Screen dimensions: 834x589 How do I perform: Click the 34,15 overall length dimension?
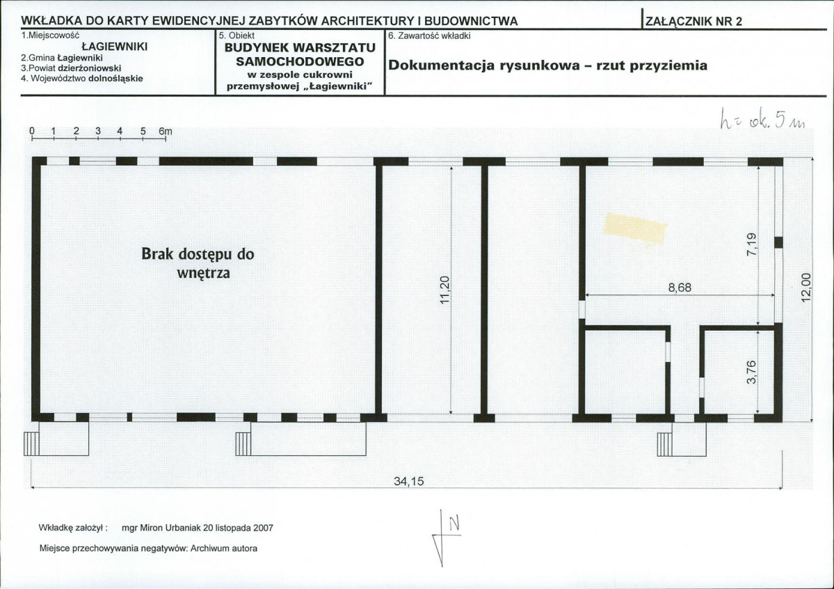408,481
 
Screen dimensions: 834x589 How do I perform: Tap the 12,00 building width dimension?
806,288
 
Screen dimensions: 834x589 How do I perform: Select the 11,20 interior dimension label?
445,290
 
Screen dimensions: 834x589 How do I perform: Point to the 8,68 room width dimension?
680,288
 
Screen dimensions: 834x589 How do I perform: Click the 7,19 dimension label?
751,244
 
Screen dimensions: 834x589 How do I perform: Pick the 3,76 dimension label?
751,372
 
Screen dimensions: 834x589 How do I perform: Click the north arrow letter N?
454,524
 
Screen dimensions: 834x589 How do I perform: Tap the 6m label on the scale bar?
166,131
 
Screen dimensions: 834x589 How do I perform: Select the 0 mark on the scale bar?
32,131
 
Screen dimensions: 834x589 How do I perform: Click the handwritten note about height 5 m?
763,121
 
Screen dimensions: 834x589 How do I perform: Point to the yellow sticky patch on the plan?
635,229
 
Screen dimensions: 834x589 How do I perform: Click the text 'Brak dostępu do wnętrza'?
198,263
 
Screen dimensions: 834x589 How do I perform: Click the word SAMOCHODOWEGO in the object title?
300,61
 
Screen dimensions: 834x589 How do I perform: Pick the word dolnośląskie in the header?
115,78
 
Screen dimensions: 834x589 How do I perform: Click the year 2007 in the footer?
264,528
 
